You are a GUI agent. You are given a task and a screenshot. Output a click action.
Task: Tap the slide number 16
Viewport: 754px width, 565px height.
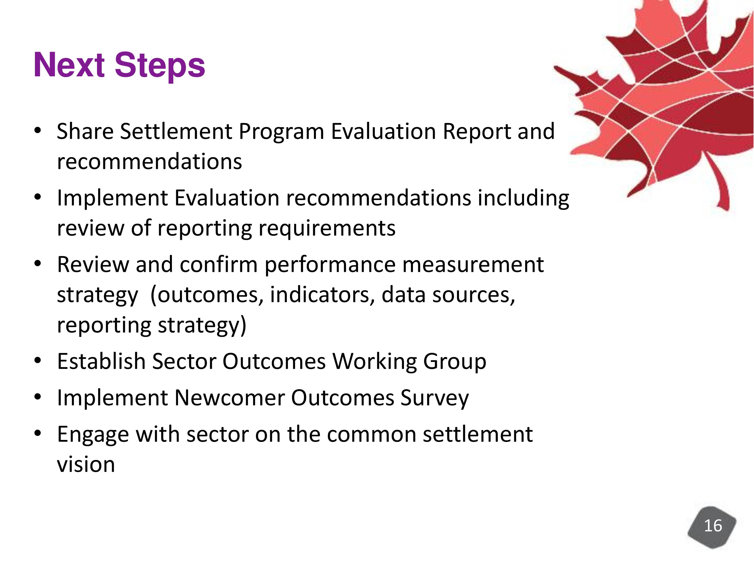click(x=713, y=526)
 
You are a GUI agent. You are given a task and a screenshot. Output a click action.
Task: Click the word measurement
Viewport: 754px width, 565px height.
click(x=473, y=265)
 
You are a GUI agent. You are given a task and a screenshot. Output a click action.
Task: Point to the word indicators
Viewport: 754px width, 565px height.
click(x=320, y=295)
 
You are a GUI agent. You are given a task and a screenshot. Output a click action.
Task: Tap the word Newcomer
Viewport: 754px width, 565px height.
click(x=229, y=398)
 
